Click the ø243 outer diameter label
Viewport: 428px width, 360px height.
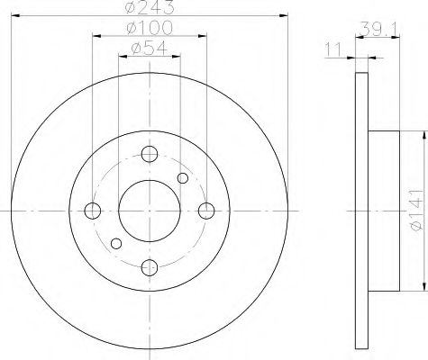click(150, 8)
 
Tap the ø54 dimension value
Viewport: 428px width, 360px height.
click(150, 49)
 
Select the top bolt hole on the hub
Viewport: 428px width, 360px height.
click(150, 154)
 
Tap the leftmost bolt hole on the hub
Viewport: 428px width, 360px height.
click(92, 211)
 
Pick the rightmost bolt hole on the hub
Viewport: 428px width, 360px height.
click(207, 211)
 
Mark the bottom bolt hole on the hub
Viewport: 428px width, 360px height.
click(150, 267)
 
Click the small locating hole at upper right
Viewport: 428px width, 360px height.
click(183, 178)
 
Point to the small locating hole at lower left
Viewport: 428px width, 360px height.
click(115, 243)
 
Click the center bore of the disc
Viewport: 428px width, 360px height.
click(150, 211)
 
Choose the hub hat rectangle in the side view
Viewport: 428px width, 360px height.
click(384, 211)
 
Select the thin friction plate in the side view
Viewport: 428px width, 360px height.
click(363, 211)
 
